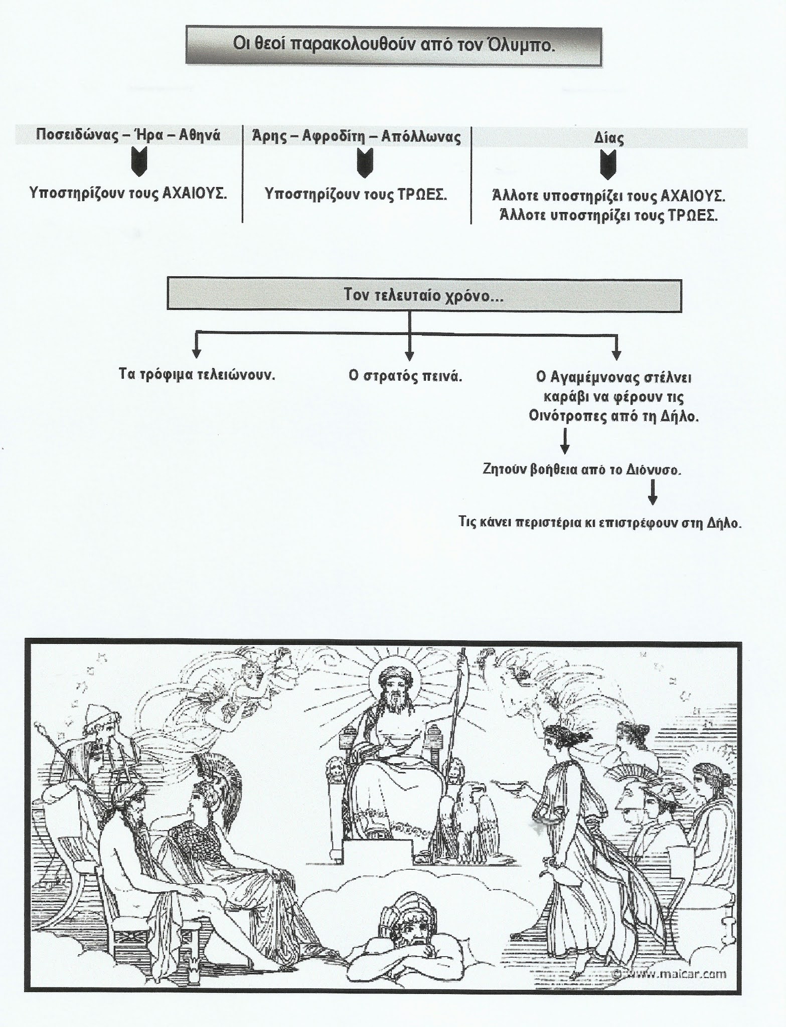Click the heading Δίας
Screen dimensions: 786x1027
(608, 137)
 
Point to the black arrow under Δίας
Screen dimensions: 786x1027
(608, 165)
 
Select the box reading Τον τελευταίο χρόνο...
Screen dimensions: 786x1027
(424, 295)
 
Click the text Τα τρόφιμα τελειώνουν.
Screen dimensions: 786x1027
(197, 375)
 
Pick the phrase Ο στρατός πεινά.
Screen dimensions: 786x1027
(405, 376)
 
